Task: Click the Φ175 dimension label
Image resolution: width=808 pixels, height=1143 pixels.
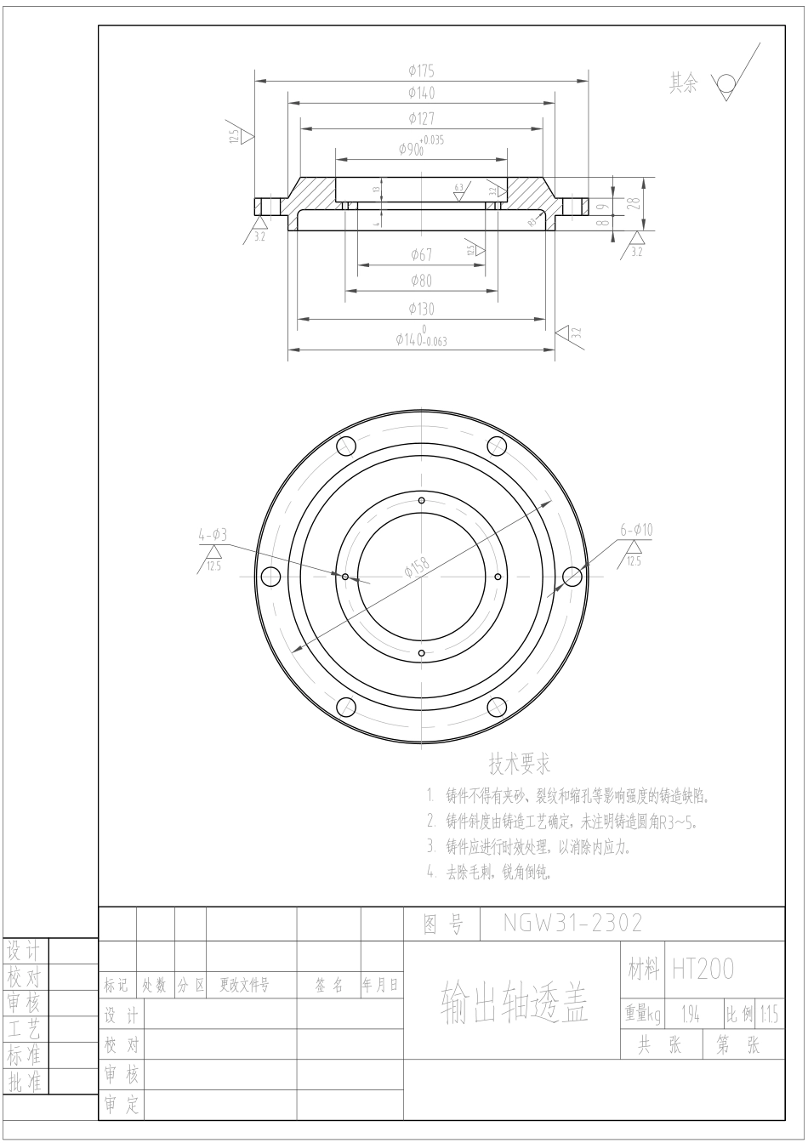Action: click(x=421, y=71)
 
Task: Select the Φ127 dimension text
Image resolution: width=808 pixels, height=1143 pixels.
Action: click(x=421, y=118)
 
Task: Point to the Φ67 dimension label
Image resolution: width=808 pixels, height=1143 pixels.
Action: click(x=421, y=255)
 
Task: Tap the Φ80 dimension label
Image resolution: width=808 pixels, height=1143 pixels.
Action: click(x=421, y=281)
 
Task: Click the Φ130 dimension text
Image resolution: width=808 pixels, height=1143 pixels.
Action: click(x=421, y=309)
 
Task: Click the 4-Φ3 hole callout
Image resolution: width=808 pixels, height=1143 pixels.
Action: click(x=213, y=535)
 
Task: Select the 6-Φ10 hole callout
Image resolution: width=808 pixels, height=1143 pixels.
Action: click(x=636, y=530)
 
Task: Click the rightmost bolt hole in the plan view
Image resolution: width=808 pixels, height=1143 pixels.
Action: click(x=572, y=577)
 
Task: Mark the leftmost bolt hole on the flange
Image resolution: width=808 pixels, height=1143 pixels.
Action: click(x=270, y=577)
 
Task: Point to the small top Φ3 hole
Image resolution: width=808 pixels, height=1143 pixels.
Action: click(x=421, y=500)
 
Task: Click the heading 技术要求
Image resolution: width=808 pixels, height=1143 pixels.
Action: click(x=519, y=764)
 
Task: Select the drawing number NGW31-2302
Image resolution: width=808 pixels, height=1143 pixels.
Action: click(x=572, y=923)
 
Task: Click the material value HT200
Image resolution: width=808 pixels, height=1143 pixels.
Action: click(x=703, y=969)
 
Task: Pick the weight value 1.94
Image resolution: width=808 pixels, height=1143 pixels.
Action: click(x=691, y=1015)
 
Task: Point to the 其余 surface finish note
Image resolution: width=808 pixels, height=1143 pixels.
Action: click(x=683, y=83)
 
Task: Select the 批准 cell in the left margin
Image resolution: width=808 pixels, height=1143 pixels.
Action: click(x=27, y=1081)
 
